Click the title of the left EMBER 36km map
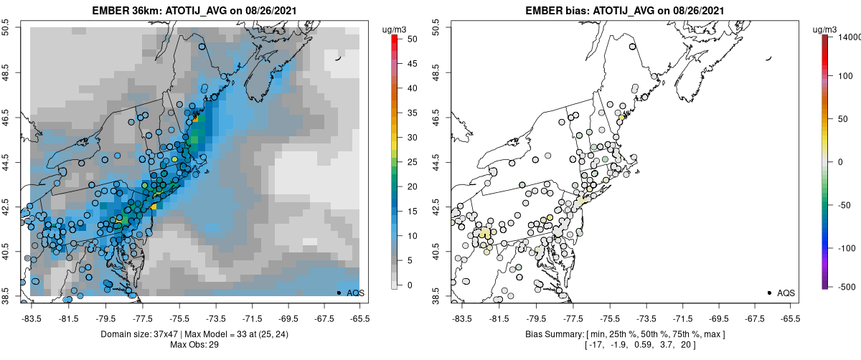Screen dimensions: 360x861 pos(195,11)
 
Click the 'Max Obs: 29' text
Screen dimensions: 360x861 pos(195,345)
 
